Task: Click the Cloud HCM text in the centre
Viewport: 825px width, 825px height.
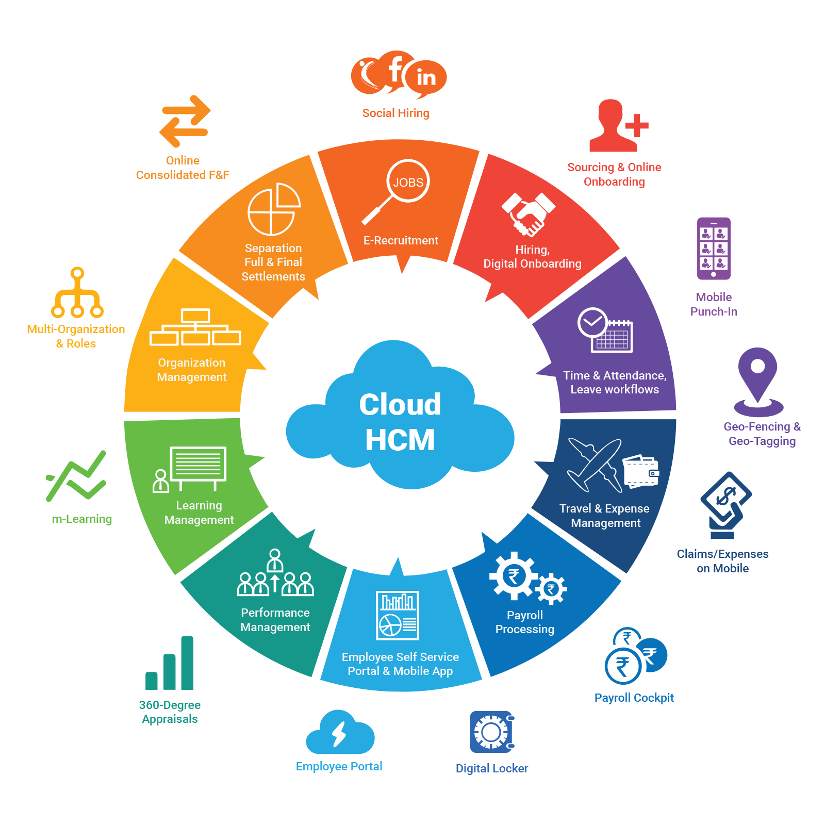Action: tap(400, 422)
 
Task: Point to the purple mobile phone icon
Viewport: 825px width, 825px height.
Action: tap(714, 249)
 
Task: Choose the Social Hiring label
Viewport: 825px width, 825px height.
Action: tap(395, 113)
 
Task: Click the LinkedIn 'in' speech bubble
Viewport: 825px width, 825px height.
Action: tap(426, 78)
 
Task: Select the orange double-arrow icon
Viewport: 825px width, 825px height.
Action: tap(185, 121)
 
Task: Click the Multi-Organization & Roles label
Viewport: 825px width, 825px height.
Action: tap(76, 336)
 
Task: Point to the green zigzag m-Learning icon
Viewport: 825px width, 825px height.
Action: tap(76, 476)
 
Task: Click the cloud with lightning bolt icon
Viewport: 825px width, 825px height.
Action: tap(340, 733)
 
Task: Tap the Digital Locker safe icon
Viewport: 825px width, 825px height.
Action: tap(492, 732)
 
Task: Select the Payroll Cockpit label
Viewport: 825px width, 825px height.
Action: tap(634, 698)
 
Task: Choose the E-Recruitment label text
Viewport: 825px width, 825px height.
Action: tap(401, 240)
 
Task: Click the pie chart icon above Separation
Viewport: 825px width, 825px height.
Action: tap(274, 209)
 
